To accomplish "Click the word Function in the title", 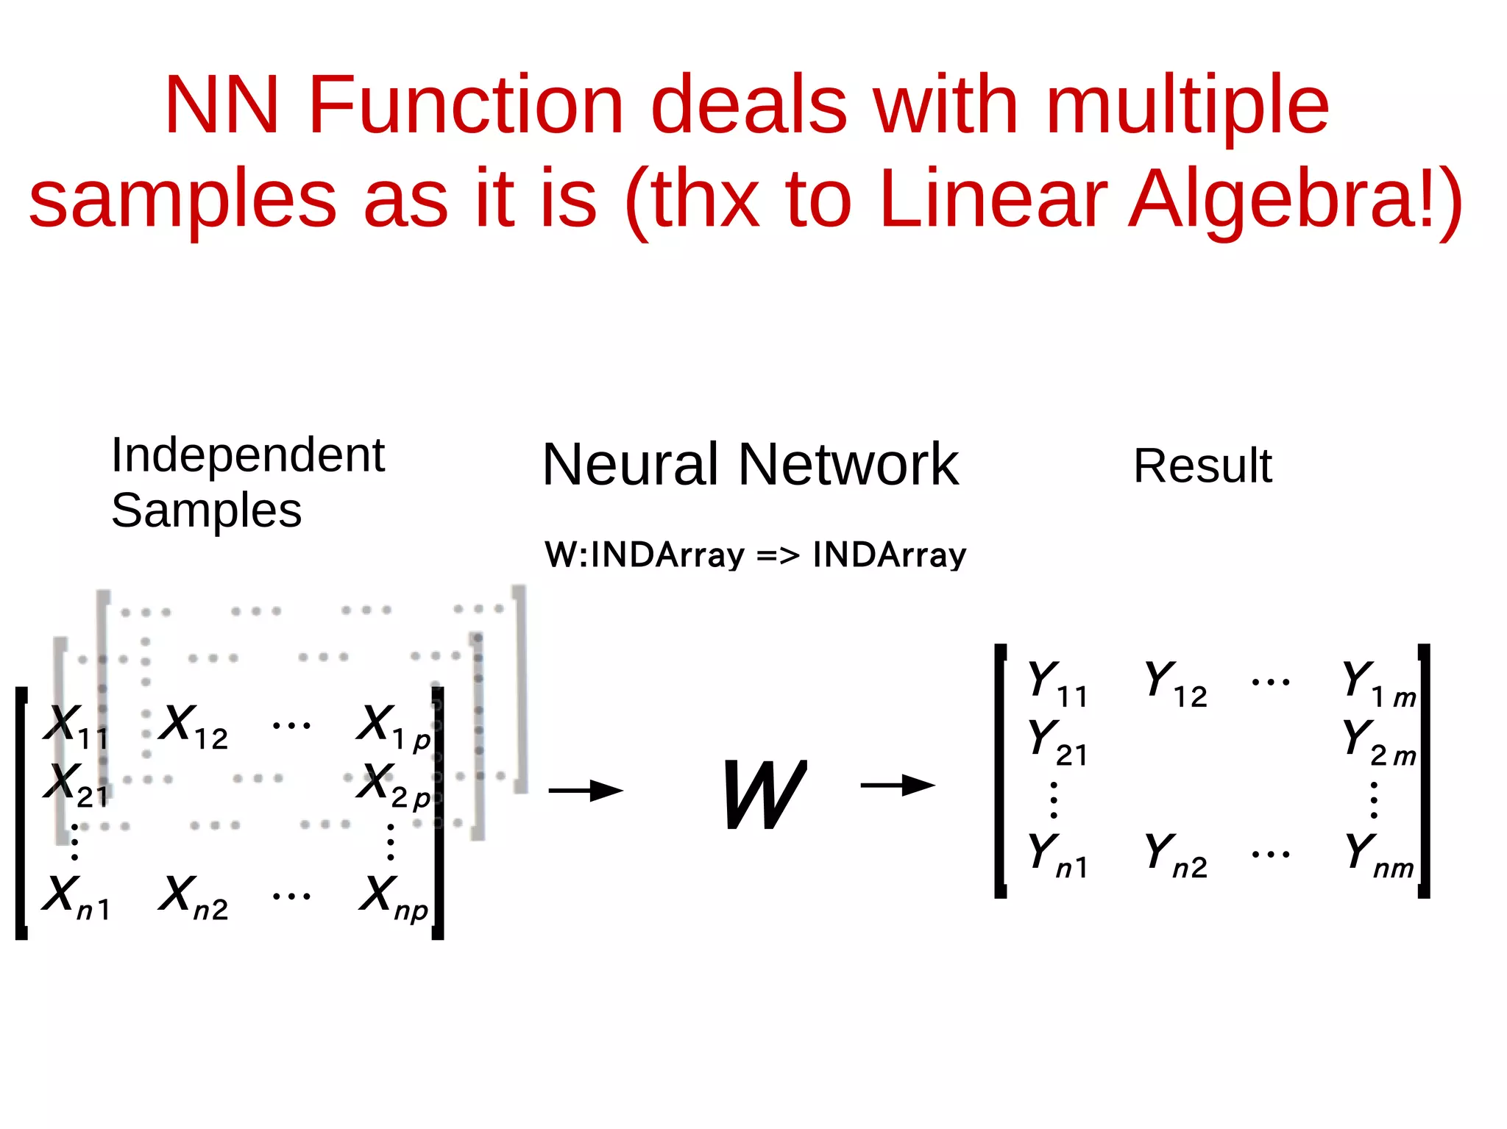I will point(466,105).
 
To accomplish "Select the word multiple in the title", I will point(1187,105).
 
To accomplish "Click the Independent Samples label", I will point(247,482).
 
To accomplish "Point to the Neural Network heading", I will point(750,465).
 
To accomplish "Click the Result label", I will point(1202,466).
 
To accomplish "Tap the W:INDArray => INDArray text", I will point(755,555).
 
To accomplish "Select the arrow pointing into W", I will point(586,791).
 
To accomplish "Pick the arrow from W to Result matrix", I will point(897,786).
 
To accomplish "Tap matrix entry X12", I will point(194,727).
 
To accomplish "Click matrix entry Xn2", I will point(194,897).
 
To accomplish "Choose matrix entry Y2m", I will point(1378,741).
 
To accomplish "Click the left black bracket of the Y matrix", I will point(1000,770).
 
